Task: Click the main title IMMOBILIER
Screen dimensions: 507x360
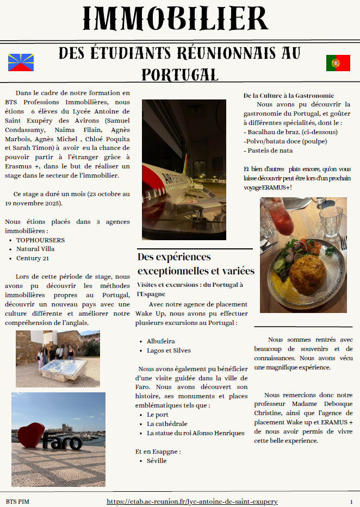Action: pyautogui.click(x=176, y=18)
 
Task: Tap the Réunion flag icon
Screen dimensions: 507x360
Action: pyautogui.click(x=21, y=62)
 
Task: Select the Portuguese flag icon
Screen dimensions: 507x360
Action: pyautogui.click(x=338, y=63)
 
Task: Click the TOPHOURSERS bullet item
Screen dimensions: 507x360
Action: pyautogui.click(x=40, y=240)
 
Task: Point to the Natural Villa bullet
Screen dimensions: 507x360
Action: pyautogui.click(x=36, y=249)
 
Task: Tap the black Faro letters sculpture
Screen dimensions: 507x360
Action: pyautogui.click(x=62, y=441)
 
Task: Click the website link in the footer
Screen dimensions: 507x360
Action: pyautogui.click(x=192, y=502)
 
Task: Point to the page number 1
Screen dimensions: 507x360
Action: pyautogui.click(x=351, y=502)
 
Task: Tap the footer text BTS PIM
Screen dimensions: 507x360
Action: pyautogui.click(x=17, y=502)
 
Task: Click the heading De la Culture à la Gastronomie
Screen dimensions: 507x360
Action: pyautogui.click(x=288, y=96)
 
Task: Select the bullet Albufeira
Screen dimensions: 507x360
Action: pyautogui.click(x=161, y=341)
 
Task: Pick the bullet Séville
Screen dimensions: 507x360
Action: pyautogui.click(x=157, y=461)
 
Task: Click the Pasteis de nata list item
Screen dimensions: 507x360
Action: pyautogui.click(x=270, y=151)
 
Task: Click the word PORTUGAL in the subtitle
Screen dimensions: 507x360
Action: pyautogui.click(x=179, y=74)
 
